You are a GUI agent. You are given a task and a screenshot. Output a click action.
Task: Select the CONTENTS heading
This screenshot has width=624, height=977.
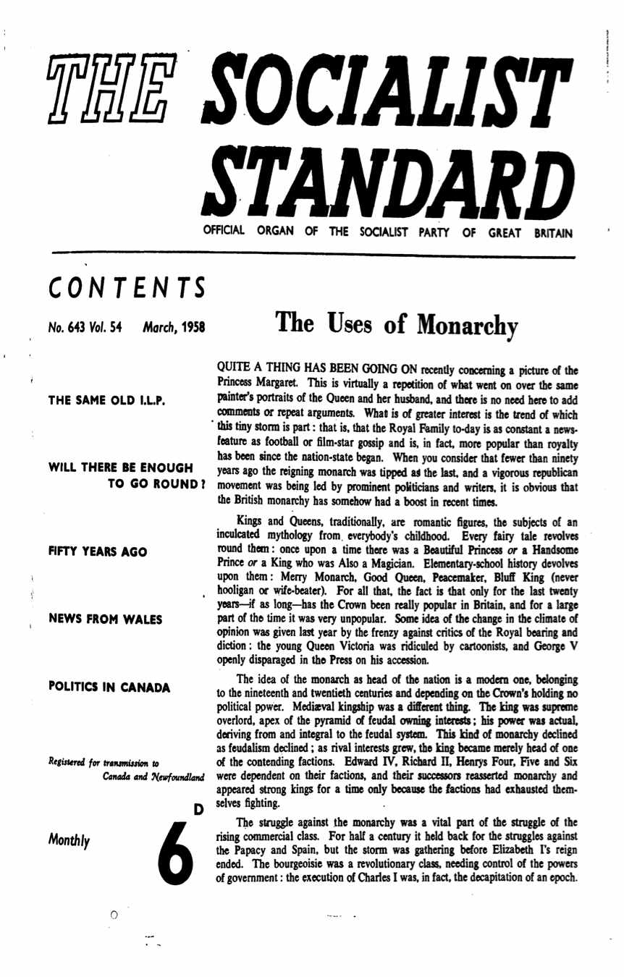[x=125, y=285]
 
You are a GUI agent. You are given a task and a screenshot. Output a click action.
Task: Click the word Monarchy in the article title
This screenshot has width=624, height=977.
[x=488, y=326]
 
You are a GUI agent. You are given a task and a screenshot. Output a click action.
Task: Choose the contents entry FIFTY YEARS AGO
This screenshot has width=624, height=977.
[x=98, y=552]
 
